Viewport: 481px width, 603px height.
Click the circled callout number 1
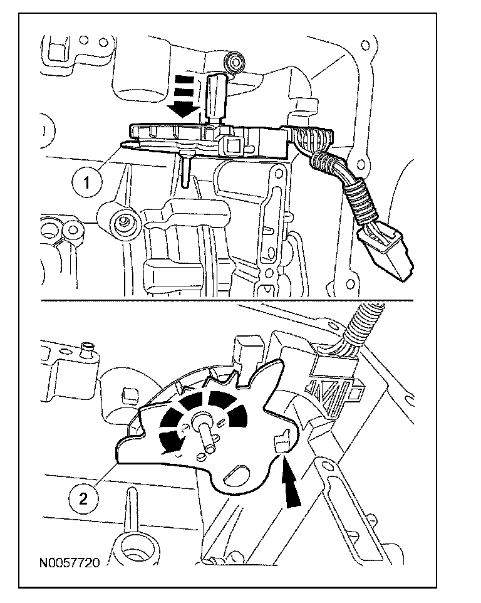point(87,182)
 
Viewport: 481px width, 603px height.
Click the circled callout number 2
point(83,499)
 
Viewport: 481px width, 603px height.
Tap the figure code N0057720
point(70,563)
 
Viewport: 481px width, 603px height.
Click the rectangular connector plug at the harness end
point(386,252)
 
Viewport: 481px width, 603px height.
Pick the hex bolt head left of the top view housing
point(124,221)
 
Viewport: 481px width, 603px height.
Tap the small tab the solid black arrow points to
point(282,442)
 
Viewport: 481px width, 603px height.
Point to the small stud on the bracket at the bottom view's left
point(88,349)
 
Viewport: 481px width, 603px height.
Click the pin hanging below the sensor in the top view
point(185,169)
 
